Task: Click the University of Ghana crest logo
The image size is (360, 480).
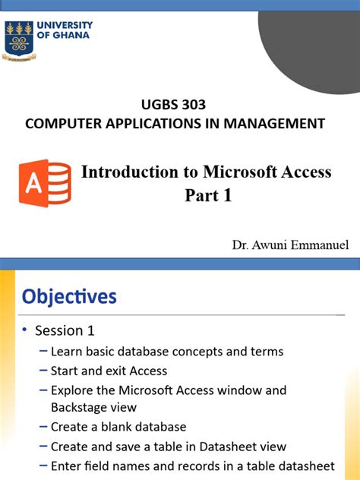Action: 19,39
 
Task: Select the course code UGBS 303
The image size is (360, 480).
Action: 174,105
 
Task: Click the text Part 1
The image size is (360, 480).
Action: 207,196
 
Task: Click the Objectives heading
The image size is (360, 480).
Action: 69,296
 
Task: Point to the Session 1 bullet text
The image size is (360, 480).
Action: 65,331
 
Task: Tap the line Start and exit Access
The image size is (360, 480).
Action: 109,371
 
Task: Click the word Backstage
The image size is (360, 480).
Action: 81,407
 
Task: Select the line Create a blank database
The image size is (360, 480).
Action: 118,427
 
